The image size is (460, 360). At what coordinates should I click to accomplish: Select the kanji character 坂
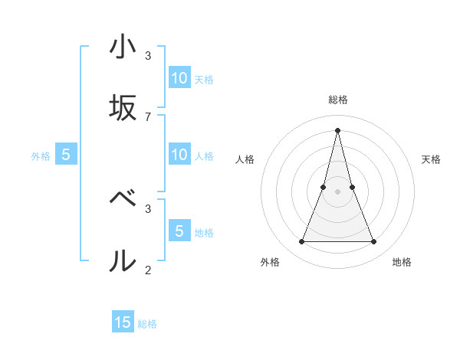(123, 108)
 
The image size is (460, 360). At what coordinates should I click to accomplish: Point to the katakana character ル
(123, 260)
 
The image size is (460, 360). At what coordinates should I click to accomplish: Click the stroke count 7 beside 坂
(148, 116)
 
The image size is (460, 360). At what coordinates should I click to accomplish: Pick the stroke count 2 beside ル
(148, 269)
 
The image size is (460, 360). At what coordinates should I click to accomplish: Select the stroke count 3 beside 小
(148, 55)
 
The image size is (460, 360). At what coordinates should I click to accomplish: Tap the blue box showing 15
(123, 323)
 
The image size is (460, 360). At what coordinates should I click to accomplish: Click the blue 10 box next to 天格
(179, 78)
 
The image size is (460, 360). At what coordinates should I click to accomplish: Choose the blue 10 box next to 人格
(179, 155)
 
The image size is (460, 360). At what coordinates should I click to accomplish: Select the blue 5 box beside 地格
(179, 231)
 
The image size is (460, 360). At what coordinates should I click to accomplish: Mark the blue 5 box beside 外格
(66, 155)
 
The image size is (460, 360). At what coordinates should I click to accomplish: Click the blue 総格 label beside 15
(147, 324)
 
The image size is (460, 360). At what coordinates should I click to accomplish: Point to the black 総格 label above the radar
(338, 100)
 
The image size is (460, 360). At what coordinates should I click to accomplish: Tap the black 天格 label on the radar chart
(432, 159)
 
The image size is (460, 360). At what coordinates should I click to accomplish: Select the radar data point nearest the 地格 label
(374, 242)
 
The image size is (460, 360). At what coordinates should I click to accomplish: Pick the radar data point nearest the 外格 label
(301, 242)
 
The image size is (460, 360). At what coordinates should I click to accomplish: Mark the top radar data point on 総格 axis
(338, 129)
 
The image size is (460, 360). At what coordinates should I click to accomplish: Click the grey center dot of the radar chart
(338, 191)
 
